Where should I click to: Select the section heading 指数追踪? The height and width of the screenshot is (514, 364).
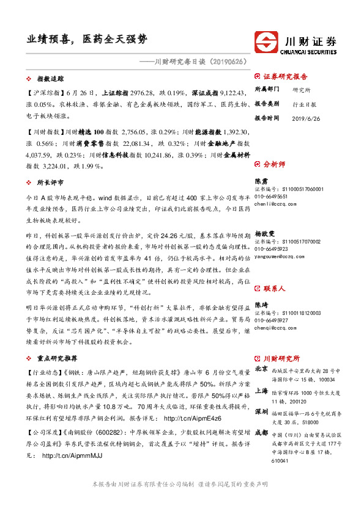click(x=51, y=79)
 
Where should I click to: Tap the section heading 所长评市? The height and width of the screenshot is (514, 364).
click(x=51, y=183)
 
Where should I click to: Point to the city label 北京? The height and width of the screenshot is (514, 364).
click(x=261, y=369)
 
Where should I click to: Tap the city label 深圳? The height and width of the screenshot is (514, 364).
click(x=261, y=411)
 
